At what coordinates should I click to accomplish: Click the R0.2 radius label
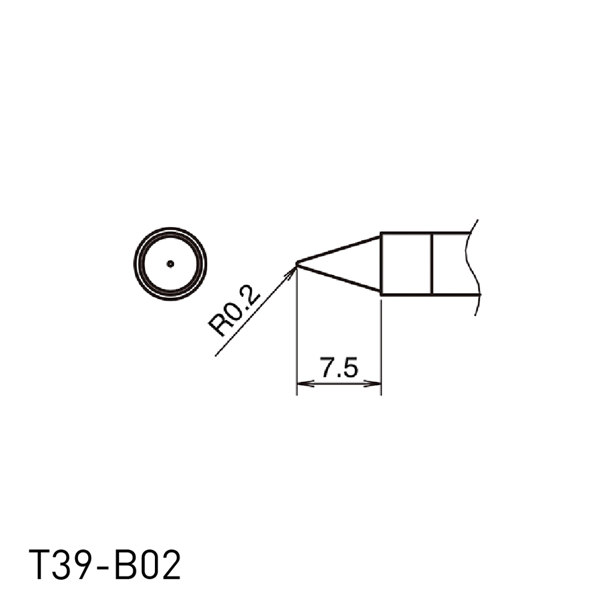coord(234,312)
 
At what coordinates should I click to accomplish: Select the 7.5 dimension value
coord(339,368)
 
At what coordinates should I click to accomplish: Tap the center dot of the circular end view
coord(171,264)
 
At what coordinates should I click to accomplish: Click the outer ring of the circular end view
coord(170,229)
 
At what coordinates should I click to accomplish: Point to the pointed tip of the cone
coord(298,262)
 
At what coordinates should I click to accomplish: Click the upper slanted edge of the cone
coord(339,249)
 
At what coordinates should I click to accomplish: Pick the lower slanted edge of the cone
coord(339,279)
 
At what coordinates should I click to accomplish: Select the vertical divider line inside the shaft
coord(432,264)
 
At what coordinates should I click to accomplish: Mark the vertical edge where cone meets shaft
coord(381,264)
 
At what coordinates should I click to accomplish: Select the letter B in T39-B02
coord(125,565)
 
